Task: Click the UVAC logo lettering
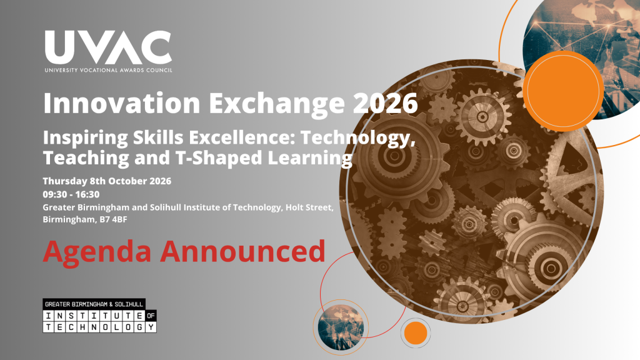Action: pyautogui.click(x=108, y=47)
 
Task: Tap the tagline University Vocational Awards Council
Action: pyautogui.click(x=108, y=70)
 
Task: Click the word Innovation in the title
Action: pyautogui.click(x=122, y=103)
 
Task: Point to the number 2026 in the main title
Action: pyautogui.click(x=385, y=104)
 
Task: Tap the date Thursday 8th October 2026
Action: pyautogui.click(x=107, y=181)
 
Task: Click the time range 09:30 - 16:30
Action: pyautogui.click(x=71, y=194)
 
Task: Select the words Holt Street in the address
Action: pyautogui.click(x=309, y=207)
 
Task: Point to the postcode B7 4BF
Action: pyautogui.click(x=114, y=219)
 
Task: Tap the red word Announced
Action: pyautogui.click(x=243, y=251)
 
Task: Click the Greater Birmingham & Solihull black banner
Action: pyautogui.click(x=94, y=304)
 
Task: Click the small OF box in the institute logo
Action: pyautogui.click(x=151, y=316)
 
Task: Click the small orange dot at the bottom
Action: pyautogui.click(x=416, y=333)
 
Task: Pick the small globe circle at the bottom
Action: pyautogui.click(x=341, y=327)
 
